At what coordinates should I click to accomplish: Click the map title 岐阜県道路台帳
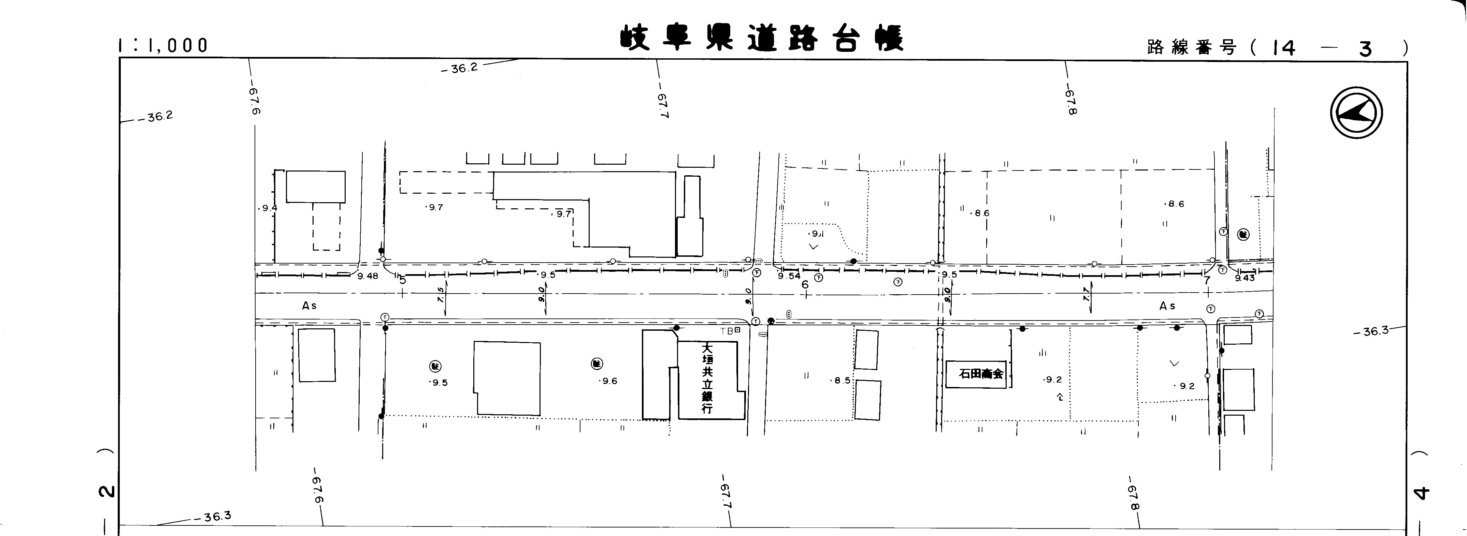(761, 39)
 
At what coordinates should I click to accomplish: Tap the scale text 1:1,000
(163, 46)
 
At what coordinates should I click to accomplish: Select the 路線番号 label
(1191, 48)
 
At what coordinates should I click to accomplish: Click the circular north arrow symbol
(1356, 113)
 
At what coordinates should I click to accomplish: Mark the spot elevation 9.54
(789, 276)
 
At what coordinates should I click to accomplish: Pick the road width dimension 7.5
(440, 294)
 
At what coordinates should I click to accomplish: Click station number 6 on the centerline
(805, 284)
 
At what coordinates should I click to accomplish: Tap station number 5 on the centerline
(403, 280)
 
